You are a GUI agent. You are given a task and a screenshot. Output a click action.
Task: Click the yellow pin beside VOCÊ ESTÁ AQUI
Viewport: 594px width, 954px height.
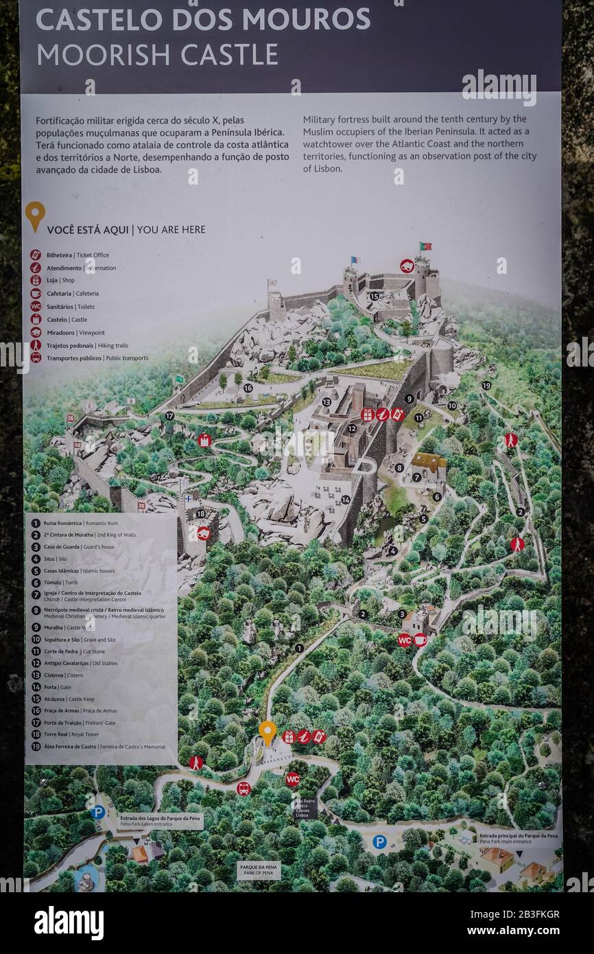(x=35, y=216)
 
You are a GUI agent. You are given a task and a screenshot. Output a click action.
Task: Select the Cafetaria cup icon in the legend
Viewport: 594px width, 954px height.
(x=36, y=293)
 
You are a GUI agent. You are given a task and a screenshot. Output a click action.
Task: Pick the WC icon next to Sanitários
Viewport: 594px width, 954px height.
(x=36, y=306)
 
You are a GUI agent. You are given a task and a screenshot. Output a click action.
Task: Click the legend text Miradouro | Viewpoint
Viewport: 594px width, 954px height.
(x=75, y=332)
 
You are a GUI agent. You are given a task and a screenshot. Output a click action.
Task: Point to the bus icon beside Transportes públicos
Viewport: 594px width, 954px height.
(x=36, y=358)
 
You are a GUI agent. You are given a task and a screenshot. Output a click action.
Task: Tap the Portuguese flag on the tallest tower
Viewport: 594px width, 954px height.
(x=425, y=246)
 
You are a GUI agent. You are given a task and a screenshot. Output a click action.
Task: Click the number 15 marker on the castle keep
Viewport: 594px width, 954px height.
(x=374, y=296)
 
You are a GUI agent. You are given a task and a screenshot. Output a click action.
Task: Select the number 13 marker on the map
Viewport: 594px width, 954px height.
(x=326, y=402)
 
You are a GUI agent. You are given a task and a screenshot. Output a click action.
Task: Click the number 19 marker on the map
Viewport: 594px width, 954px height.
(x=486, y=386)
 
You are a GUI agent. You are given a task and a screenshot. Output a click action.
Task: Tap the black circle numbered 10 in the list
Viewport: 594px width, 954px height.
(x=36, y=640)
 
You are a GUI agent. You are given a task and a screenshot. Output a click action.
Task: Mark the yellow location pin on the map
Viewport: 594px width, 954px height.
(x=268, y=732)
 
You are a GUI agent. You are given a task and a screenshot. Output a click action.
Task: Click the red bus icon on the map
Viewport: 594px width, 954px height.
(x=243, y=789)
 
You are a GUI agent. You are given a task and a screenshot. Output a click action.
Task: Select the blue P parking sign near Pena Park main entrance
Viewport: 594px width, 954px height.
(x=379, y=841)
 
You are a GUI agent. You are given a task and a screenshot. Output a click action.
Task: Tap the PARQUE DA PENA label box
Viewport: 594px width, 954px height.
(x=259, y=871)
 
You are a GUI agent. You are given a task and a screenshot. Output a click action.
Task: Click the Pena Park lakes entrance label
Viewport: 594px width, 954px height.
(x=161, y=821)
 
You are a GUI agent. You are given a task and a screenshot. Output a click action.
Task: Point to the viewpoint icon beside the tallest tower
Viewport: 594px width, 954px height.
(x=407, y=266)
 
